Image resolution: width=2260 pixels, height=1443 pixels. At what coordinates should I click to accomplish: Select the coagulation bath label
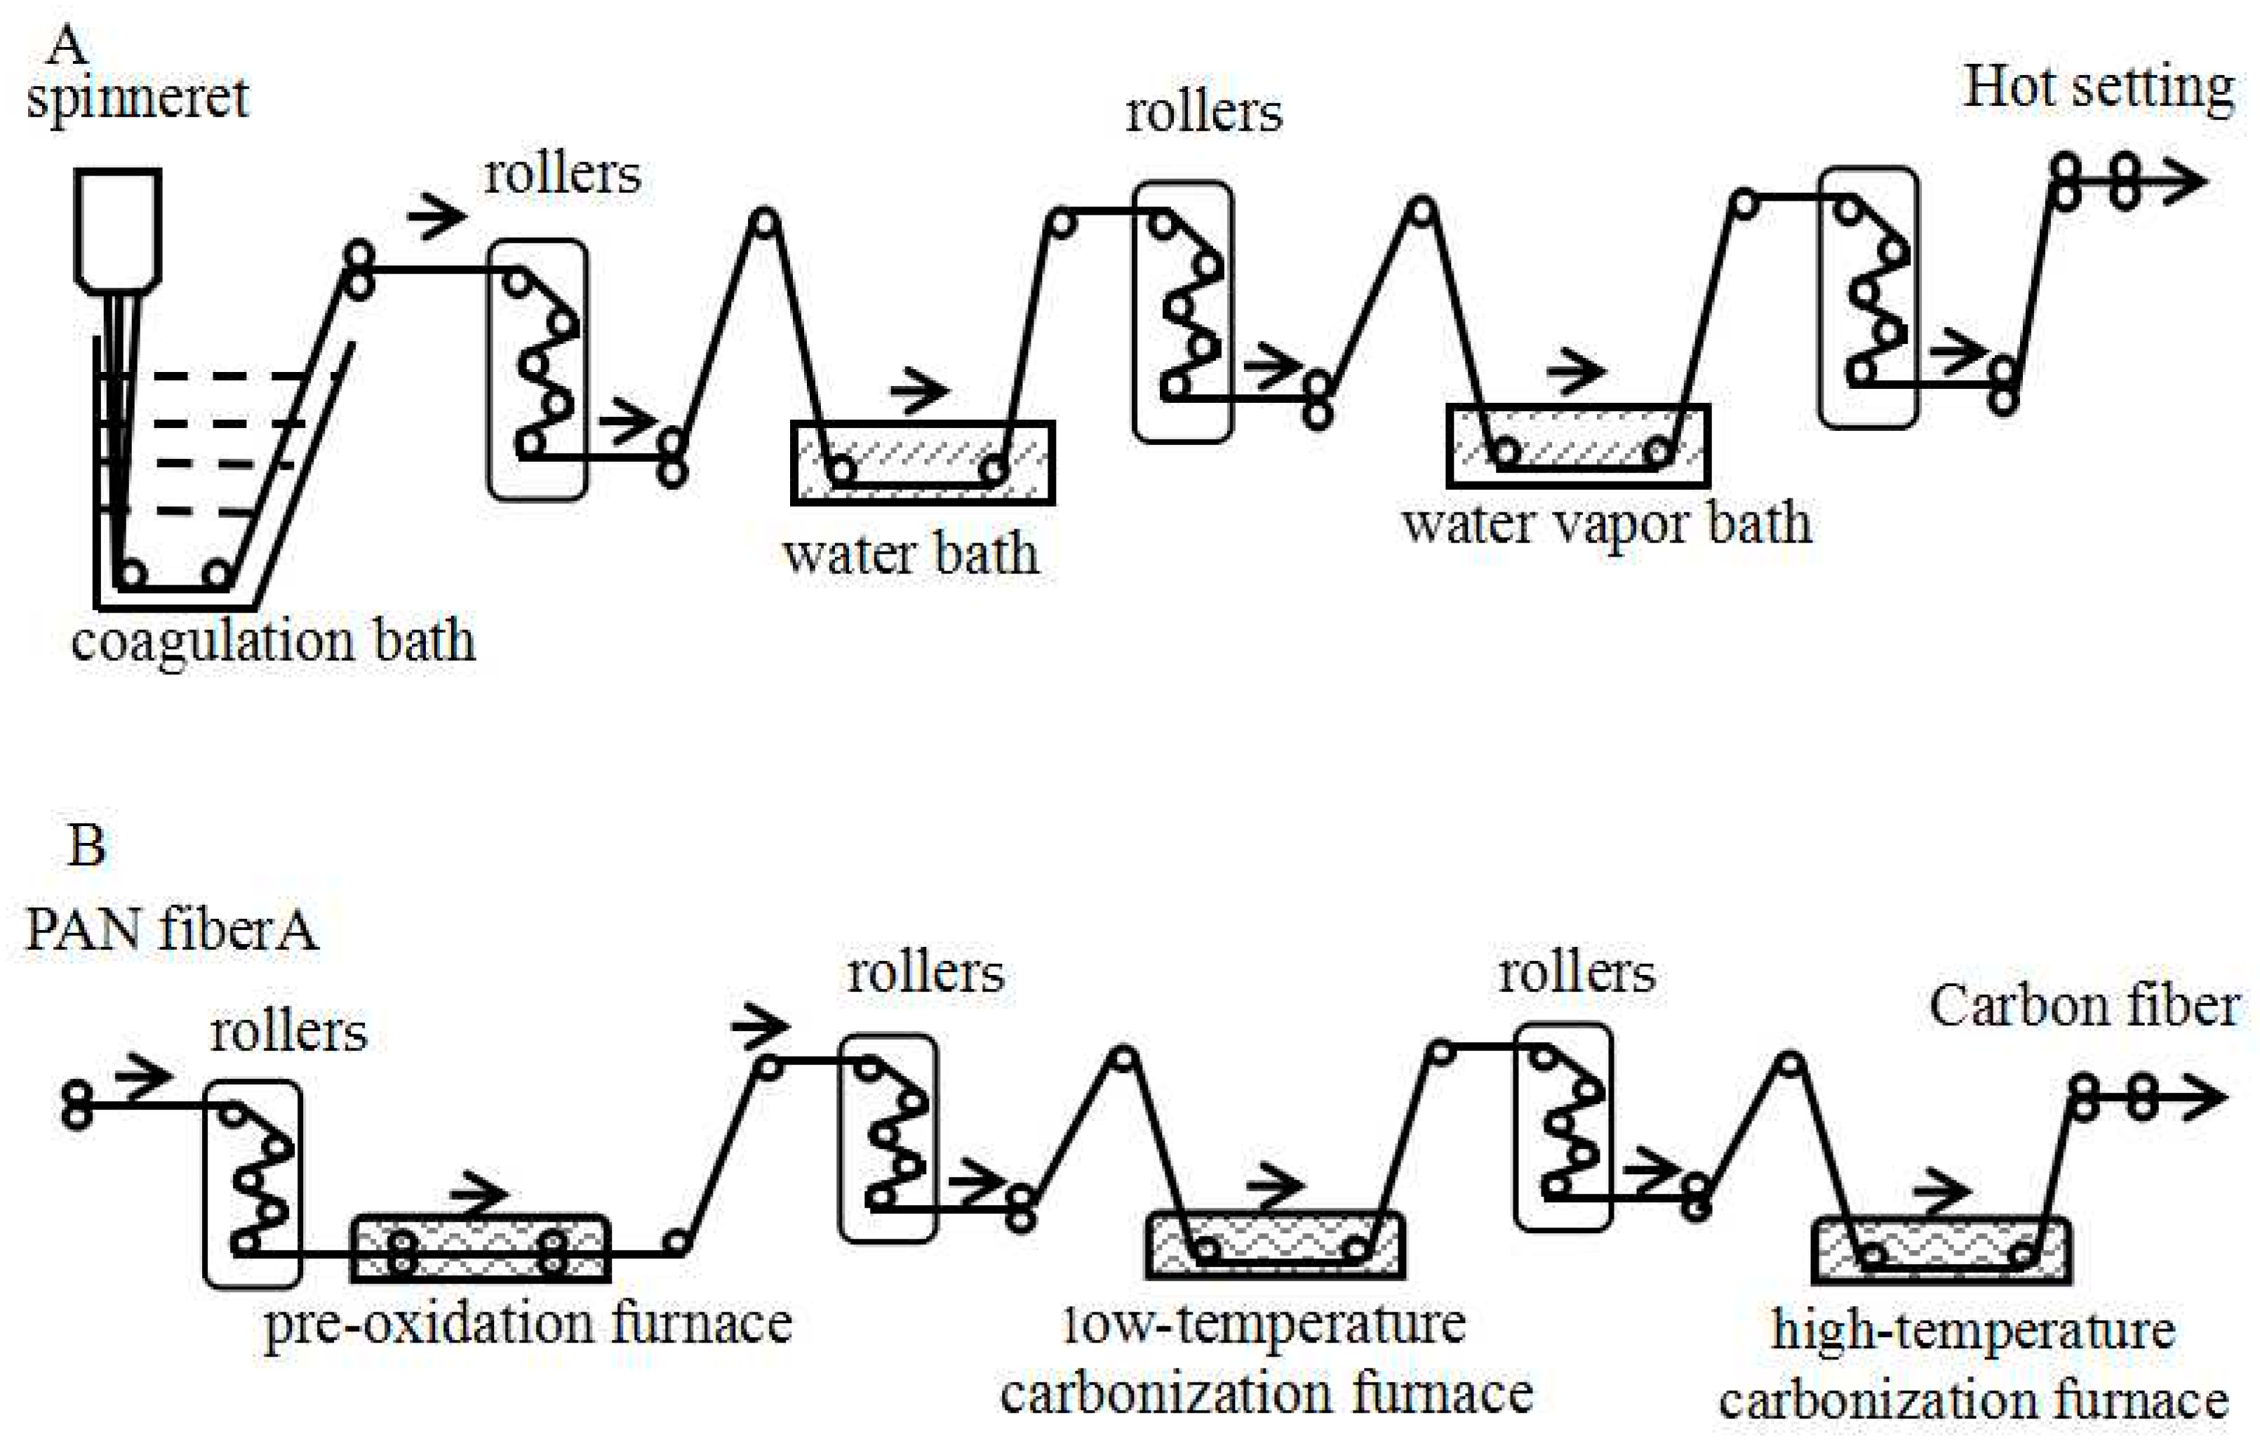[273, 641]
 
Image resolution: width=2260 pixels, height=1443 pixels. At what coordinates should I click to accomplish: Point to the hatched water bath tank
[922, 462]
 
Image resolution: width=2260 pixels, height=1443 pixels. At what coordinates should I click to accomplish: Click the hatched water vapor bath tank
[1577, 445]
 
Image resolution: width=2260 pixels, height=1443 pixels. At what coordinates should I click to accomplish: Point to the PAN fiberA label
[170, 931]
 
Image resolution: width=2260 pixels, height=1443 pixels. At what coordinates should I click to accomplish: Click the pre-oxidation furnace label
[528, 1324]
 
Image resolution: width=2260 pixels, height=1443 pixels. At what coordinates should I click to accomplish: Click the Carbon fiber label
[2084, 1006]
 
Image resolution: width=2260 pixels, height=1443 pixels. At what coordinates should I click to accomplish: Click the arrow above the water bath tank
[920, 390]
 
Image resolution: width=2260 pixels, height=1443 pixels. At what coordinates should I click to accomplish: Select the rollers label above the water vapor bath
[1203, 114]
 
